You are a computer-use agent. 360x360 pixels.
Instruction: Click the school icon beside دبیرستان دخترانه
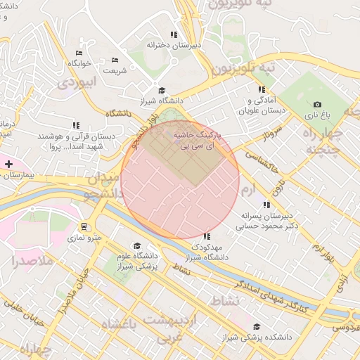(174, 34)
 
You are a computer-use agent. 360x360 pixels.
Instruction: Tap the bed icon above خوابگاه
(79, 53)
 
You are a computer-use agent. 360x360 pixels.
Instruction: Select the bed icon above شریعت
(115, 60)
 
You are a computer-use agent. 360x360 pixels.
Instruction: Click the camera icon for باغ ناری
(317, 104)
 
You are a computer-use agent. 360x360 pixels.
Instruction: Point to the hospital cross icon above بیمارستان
(8, 164)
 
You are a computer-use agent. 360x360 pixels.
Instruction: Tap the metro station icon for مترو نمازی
(84, 227)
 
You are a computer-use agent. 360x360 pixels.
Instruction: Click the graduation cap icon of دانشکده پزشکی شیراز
(257, 327)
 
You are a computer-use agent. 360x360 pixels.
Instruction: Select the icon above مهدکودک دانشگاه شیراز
(207, 237)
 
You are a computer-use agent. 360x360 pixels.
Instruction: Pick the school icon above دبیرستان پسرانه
(266, 205)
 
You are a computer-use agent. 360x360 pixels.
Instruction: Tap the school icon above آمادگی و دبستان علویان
(261, 89)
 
